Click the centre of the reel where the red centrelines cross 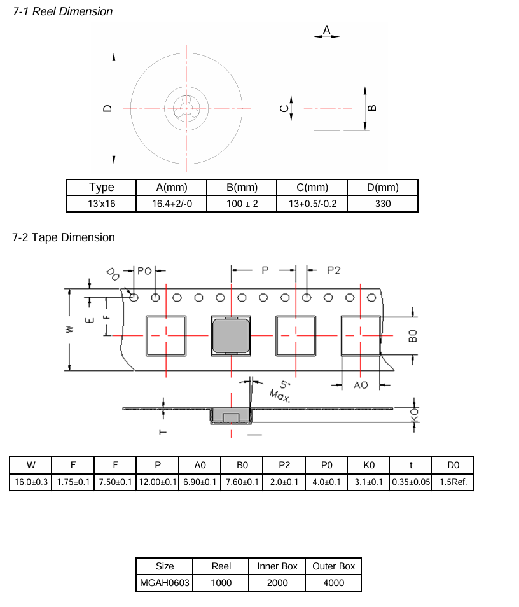tap(186, 108)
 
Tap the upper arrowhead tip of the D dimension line tap(114, 53)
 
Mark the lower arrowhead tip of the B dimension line tap(365, 130)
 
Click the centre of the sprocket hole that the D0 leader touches tap(134, 297)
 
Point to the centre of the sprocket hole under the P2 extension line tap(307, 297)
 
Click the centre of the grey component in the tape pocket tap(231, 335)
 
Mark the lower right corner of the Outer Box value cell tap(361, 592)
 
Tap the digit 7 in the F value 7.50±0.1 tap(101, 482)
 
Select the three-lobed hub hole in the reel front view tap(186, 108)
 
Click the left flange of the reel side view tap(311, 108)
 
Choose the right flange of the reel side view tap(342, 108)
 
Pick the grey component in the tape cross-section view tap(231, 415)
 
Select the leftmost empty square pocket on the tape tap(166, 335)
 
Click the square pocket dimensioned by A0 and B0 tap(361, 335)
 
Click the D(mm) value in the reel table tap(383, 204)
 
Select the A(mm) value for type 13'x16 tap(172, 204)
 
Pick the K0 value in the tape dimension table tap(368, 482)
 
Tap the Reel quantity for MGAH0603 tap(221, 583)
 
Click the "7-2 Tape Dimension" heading tap(64, 237)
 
